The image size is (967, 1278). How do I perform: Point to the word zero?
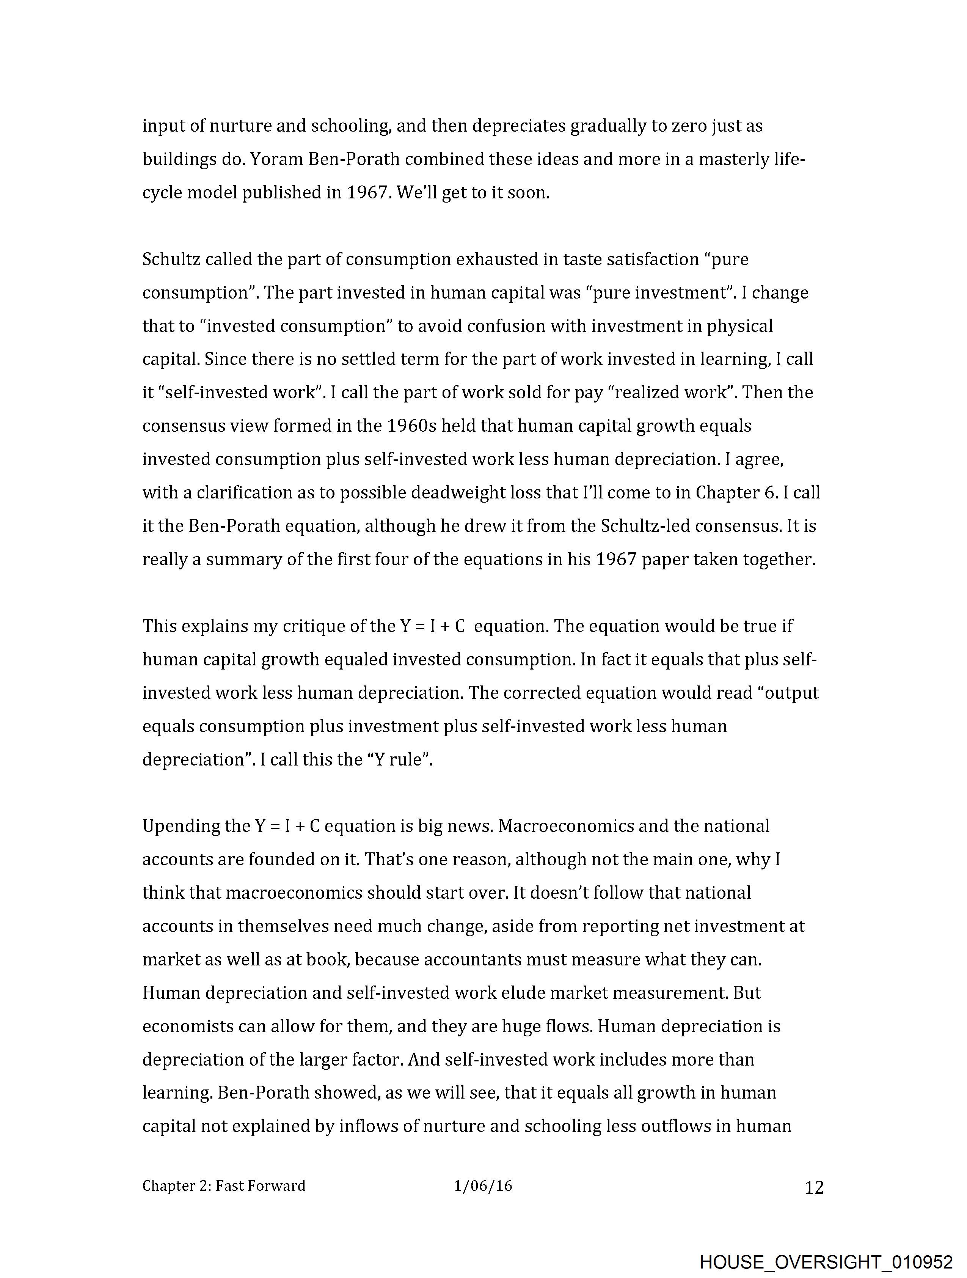coord(689,126)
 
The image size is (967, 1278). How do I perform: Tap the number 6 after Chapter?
coord(771,492)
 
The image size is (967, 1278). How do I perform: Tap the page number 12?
coord(814,1188)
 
